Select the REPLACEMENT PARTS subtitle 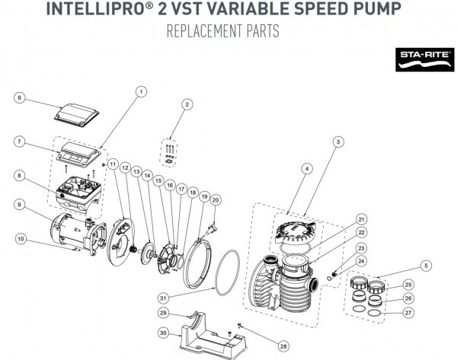click(x=228, y=33)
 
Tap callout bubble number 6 click(x=21, y=97)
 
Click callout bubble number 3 click(x=336, y=141)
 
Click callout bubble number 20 click(x=216, y=199)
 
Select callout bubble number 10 click(x=21, y=239)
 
